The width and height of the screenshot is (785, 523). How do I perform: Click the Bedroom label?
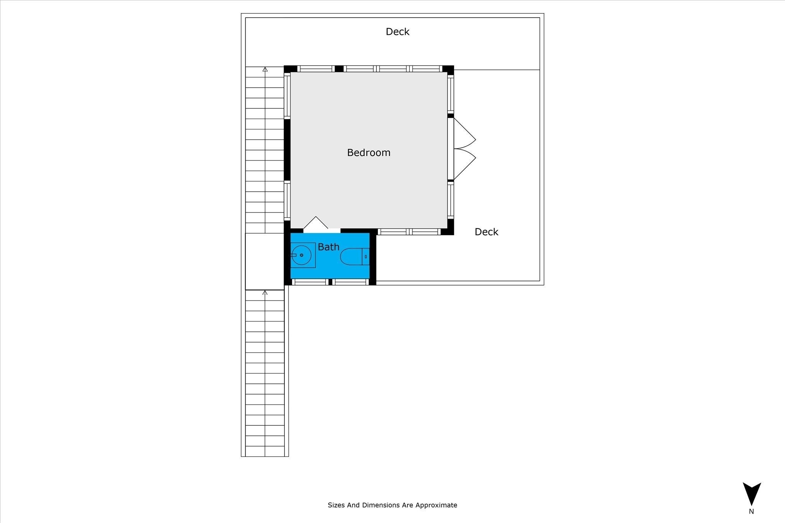368,153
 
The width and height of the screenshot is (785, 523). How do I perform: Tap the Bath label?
328,247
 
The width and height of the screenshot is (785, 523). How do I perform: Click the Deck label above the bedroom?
397,32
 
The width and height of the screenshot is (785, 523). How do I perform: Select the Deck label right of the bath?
486,232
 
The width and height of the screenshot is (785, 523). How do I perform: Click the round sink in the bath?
302,255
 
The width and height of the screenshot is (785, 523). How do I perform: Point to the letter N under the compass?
751,511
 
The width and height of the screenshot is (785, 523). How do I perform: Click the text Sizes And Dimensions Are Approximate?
392,505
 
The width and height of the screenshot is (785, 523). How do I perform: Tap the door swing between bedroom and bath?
316,223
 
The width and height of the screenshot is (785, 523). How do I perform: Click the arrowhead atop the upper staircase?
265,69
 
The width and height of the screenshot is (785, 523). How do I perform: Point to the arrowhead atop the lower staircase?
265,293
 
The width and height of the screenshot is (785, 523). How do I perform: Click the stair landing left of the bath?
264,261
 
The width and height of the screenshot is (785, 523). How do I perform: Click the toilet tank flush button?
366,257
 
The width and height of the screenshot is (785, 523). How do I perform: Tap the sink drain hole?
302,255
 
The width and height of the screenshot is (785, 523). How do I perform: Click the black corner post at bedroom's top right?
448,70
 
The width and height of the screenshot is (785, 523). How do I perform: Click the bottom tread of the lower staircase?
265,451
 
